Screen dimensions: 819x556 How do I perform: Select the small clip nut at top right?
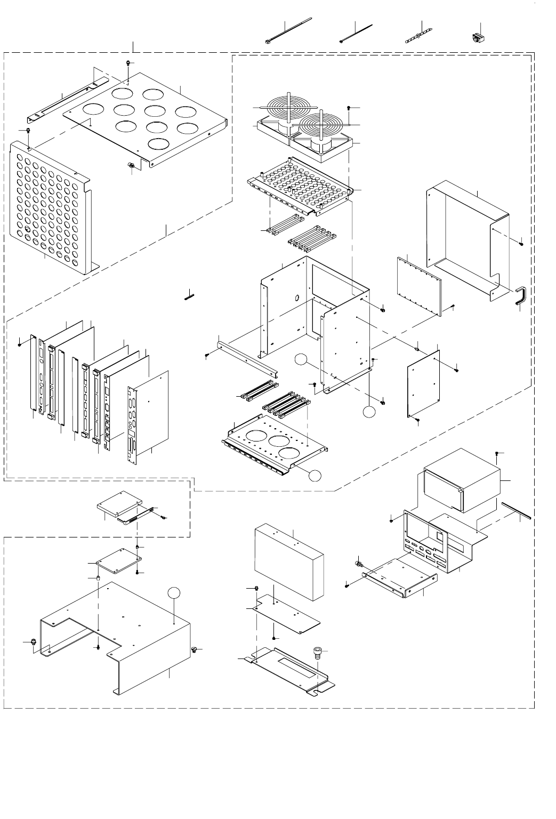(x=477, y=38)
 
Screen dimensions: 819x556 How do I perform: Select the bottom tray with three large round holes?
(x=275, y=445)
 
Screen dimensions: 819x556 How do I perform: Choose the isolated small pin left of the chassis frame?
(x=191, y=294)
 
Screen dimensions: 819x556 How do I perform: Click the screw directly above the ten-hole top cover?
(x=129, y=63)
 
